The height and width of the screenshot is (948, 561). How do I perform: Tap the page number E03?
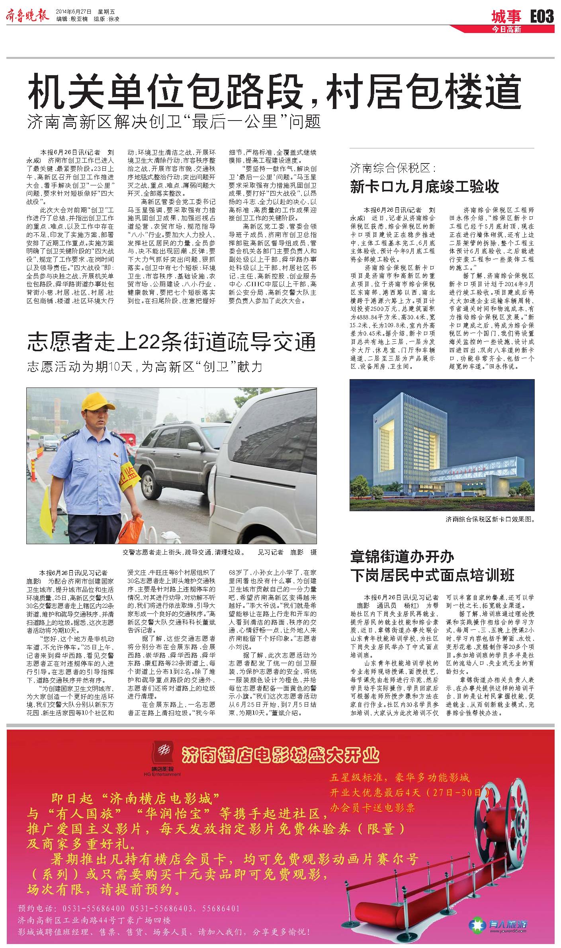click(541, 16)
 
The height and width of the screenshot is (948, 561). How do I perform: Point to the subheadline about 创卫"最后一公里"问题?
click(174, 121)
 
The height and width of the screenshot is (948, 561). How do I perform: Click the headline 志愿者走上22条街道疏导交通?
click(171, 343)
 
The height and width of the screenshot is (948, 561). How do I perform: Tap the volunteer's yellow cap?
click(97, 402)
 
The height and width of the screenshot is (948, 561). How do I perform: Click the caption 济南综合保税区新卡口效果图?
click(490, 519)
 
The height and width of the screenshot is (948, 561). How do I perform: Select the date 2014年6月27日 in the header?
click(74, 11)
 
